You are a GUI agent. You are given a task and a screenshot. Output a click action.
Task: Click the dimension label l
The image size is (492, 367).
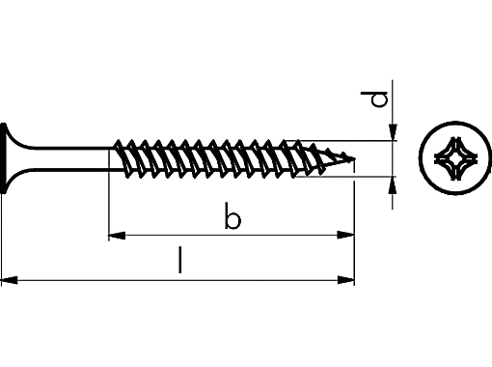[x=179, y=261]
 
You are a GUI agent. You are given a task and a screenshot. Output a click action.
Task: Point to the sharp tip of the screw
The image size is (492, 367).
[x=353, y=158]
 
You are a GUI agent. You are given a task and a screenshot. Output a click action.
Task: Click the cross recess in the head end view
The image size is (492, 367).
[x=451, y=158]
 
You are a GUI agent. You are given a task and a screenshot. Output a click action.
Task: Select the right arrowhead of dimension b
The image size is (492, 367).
[x=344, y=234]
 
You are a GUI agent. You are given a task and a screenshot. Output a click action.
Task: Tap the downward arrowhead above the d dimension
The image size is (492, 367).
[x=393, y=133]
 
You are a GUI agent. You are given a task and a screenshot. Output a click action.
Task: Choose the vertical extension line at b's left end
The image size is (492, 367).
[x=107, y=208]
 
